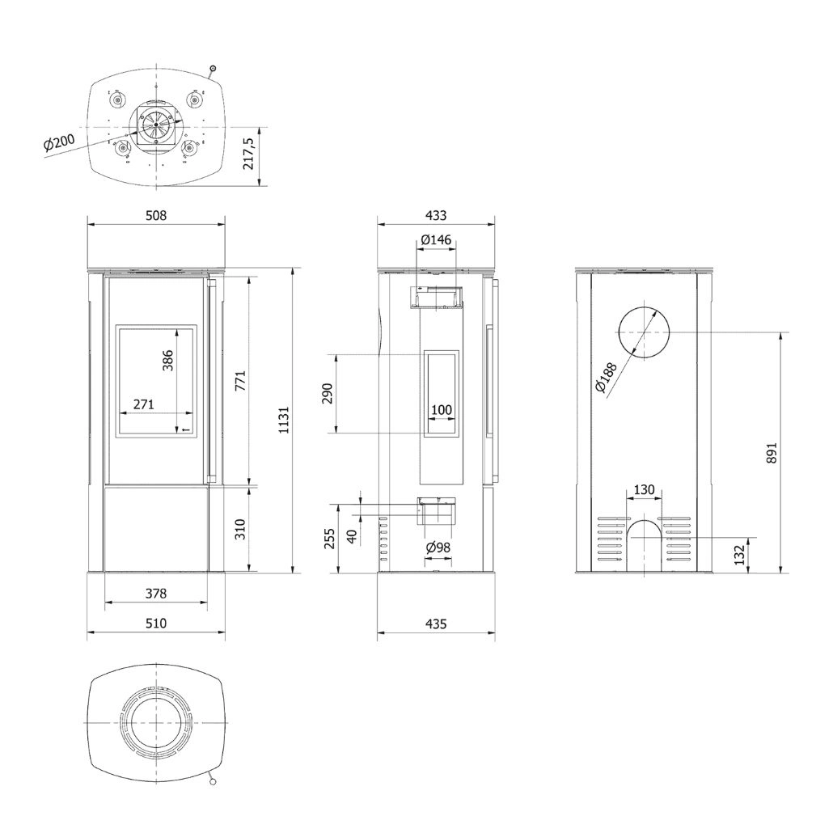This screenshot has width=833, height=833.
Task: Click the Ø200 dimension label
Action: coord(60,143)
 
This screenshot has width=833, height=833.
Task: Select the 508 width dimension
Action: coord(155,216)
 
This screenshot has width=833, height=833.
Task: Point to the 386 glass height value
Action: coord(168,360)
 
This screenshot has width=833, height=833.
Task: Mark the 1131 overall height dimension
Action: coord(282,420)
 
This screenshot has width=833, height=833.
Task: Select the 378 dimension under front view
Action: coord(155,593)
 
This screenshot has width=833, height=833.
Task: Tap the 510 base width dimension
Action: coord(155,623)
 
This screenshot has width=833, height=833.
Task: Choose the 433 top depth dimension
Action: coord(435,216)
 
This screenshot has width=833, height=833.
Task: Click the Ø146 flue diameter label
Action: coord(436,240)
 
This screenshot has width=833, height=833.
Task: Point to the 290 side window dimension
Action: coord(327,394)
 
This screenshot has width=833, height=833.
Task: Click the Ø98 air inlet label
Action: coord(438,548)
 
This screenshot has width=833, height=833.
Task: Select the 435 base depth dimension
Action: coord(435,623)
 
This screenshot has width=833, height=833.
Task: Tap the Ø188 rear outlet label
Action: coord(605,377)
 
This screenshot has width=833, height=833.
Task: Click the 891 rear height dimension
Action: coord(771,452)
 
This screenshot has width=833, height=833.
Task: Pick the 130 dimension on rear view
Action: coord(645,490)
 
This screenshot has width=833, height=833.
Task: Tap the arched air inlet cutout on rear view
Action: coord(645,544)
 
